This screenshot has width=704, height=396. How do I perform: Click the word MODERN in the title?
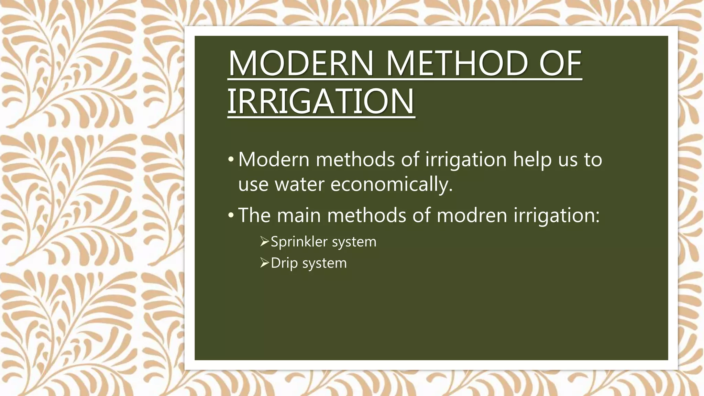[x=301, y=64]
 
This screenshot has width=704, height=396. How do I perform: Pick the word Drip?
[x=284, y=263]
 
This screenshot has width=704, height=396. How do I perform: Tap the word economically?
[x=392, y=184]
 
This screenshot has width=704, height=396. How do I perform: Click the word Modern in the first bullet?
[x=274, y=159]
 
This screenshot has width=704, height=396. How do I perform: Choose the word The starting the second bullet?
[x=254, y=215]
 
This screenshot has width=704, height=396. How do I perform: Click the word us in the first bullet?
[x=568, y=160]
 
